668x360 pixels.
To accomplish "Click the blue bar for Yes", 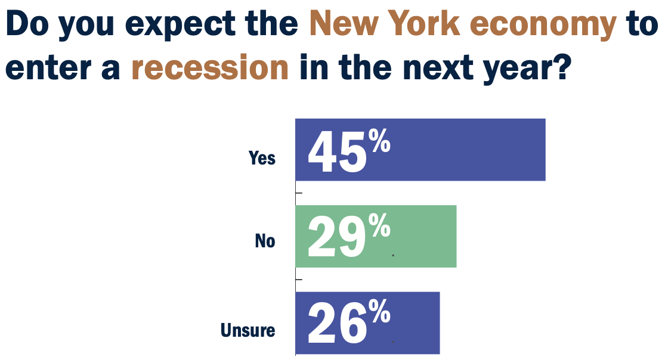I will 465,150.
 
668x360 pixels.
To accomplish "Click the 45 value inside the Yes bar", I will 336,153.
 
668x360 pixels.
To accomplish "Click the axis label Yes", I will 262,158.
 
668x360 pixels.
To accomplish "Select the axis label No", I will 265,241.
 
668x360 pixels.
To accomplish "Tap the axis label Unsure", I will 248,330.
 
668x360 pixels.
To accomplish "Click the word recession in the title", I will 210,67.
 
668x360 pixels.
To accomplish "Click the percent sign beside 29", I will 379,227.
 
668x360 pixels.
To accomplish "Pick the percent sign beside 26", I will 379,314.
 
